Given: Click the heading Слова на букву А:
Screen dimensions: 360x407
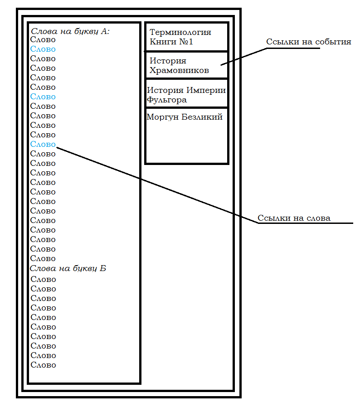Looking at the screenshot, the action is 70,31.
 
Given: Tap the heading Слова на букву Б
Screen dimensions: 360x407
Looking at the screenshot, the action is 68,268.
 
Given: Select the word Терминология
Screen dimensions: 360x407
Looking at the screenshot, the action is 180,33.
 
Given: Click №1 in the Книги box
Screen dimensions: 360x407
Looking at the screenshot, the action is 186,42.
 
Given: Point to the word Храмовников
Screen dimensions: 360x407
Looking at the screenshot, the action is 179,70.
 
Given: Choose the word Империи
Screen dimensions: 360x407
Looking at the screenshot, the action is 206,90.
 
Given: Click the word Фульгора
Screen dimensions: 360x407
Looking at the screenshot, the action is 167,100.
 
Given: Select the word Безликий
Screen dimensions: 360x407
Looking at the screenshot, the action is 202,117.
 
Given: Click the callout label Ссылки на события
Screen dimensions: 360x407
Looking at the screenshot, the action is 309,42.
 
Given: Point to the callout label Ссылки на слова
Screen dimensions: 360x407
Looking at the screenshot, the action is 294,218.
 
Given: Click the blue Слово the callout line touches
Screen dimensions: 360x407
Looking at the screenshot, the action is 43,144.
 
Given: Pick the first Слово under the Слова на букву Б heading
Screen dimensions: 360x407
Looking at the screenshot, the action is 43,279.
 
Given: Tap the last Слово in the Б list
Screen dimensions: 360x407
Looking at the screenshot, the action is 43,365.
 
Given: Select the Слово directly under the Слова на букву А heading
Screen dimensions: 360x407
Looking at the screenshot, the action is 43,40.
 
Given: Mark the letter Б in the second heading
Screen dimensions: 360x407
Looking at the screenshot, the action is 103,268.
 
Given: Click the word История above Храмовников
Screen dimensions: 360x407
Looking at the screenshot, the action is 168,61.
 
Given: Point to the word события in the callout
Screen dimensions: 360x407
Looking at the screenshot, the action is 333,42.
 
